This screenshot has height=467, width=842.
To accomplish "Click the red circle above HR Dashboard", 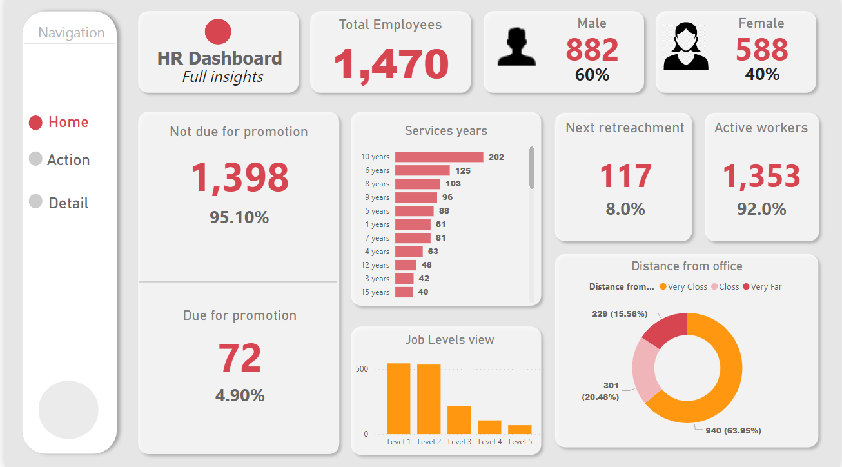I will click(x=218, y=32).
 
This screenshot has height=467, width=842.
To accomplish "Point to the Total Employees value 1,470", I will click(x=391, y=65).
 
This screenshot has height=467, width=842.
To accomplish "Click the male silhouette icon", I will click(x=516, y=47).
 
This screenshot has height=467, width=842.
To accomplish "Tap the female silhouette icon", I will click(x=685, y=47).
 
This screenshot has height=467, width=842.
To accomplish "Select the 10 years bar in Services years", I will click(x=439, y=157).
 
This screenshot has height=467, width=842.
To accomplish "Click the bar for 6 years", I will click(x=422, y=170).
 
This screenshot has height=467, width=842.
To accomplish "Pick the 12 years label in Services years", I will click(x=375, y=265).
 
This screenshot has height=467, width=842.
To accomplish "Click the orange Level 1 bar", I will click(x=398, y=399).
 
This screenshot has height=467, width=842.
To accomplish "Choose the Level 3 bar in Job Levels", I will click(x=459, y=419).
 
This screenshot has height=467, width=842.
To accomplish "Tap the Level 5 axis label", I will click(x=520, y=442).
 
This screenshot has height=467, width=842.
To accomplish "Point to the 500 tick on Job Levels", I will click(x=362, y=369).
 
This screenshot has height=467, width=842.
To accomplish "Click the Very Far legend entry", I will click(x=766, y=286).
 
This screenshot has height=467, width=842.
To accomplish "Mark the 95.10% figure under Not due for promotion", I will click(x=239, y=217).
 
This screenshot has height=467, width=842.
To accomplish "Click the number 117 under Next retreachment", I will click(x=625, y=177).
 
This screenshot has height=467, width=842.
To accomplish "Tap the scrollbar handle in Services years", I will click(x=532, y=168).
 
